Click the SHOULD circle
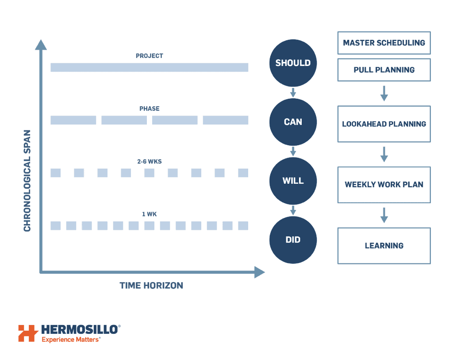point(293,63)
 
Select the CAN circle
point(293,122)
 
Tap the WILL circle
point(293,181)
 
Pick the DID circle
point(293,240)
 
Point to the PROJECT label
point(150,56)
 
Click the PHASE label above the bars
point(150,109)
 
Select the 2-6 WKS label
point(150,162)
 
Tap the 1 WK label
point(150,214)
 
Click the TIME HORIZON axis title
point(151,286)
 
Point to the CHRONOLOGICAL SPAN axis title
point(27,181)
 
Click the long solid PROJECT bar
point(150,67)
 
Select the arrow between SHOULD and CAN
point(293,93)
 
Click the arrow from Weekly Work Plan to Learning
point(384,215)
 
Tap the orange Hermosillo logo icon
point(28,333)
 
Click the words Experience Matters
point(70,340)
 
